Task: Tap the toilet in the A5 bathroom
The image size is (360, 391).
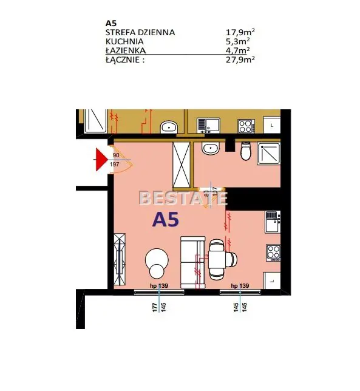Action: [x=246, y=151]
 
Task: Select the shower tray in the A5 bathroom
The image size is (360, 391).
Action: [x=269, y=154]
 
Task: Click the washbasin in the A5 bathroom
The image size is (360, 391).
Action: [x=211, y=148]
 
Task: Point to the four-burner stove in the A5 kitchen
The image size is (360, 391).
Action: [x=273, y=253]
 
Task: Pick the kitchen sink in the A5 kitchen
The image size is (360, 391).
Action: [x=273, y=222]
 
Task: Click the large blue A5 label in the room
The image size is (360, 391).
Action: [x=166, y=219]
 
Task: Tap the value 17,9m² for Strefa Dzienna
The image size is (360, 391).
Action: [x=240, y=32]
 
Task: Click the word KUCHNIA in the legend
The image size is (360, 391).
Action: [x=124, y=41]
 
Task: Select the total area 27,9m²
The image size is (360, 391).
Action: [x=240, y=60]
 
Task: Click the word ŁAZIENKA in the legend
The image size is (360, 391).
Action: [x=126, y=50]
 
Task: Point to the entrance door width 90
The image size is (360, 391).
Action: [x=116, y=155]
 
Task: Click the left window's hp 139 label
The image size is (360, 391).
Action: [x=159, y=285]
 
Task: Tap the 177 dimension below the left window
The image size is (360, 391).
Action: [x=155, y=307]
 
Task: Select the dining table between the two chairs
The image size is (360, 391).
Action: [x=217, y=260]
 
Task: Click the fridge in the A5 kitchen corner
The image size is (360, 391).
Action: [x=272, y=280]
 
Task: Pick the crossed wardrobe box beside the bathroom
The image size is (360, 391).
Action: [x=182, y=165]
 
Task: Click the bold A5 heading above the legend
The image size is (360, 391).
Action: [x=111, y=23]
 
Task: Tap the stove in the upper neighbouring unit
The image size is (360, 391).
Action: [x=246, y=126]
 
